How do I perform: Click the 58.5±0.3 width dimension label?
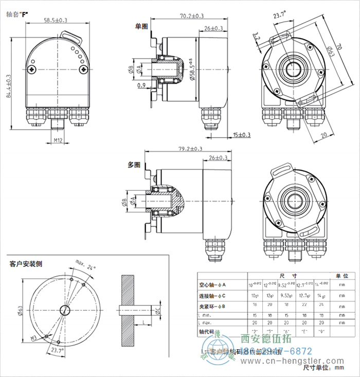pyautogui.click(x=56, y=21)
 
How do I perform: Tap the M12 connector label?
pyautogui.click(x=58, y=139)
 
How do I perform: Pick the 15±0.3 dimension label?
pyautogui.click(x=241, y=135)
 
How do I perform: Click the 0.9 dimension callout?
pyautogui.click(x=141, y=85)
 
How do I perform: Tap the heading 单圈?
pyautogui.click(x=141, y=26)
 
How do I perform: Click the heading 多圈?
pyautogui.click(x=134, y=165)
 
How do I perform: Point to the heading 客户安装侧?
pyautogui.click(x=26, y=264)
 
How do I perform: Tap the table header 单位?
pyautogui.click(x=341, y=276)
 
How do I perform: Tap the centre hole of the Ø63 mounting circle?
pyautogui.click(x=65, y=309)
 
